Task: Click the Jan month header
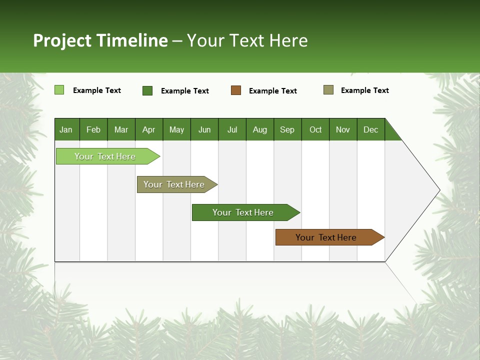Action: (x=66, y=129)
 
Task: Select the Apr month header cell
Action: (x=149, y=129)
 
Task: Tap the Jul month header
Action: (x=232, y=129)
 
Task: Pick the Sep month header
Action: (x=287, y=129)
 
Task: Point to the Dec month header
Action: (x=370, y=129)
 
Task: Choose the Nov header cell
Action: (x=343, y=129)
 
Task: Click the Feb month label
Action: (x=93, y=129)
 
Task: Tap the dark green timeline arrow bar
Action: (x=243, y=212)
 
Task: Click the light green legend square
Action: (x=59, y=90)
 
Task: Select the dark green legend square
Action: (x=147, y=90)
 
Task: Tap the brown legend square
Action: (x=236, y=90)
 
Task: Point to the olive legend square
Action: (x=328, y=90)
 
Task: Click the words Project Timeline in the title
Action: (x=100, y=40)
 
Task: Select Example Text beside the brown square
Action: (x=273, y=91)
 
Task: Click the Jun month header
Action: (x=204, y=129)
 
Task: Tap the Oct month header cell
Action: (x=315, y=129)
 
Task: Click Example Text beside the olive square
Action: (x=365, y=90)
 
